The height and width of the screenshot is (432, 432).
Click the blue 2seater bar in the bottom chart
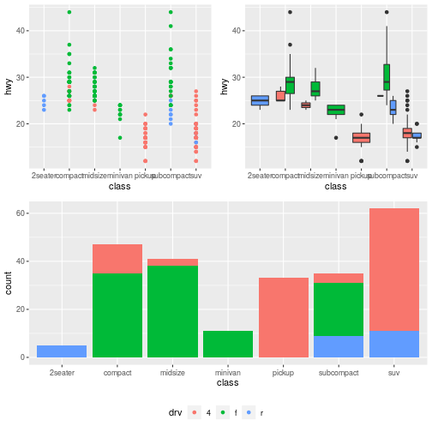coord(62,351)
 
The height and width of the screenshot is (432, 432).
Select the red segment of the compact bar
coord(117,258)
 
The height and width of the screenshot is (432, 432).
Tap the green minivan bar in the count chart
coord(228,344)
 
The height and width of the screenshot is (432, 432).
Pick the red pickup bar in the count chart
coord(283,317)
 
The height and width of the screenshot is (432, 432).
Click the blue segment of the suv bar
coord(394,344)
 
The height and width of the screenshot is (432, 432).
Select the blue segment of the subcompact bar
coord(339,346)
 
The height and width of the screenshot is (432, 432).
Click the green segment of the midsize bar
coord(172,311)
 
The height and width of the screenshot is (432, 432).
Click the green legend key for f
coord(225,412)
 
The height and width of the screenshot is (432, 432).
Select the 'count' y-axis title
coord(9,284)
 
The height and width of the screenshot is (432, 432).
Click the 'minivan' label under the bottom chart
coord(228,373)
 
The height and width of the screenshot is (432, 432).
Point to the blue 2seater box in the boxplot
coord(260,100)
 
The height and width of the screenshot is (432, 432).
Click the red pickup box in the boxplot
coord(361,137)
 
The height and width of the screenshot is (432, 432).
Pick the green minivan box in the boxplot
coord(336,109)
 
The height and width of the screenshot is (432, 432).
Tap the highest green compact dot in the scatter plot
coord(69,12)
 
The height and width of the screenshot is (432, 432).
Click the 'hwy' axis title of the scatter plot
coord(9,86)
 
